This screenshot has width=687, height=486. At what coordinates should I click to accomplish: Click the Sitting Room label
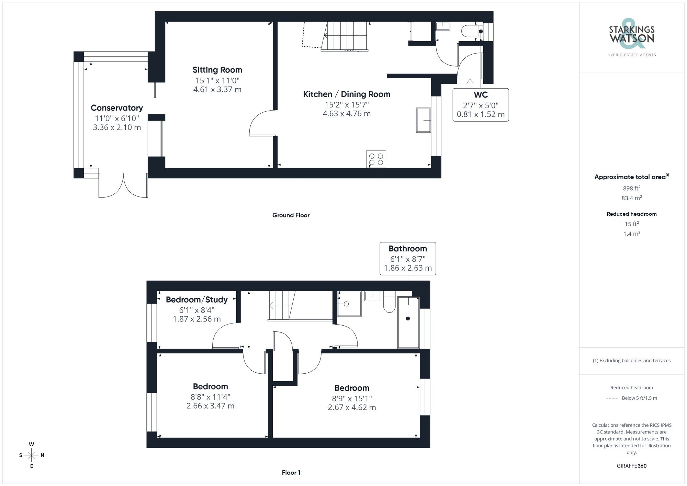(217, 70)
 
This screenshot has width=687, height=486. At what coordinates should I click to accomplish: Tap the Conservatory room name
(117, 108)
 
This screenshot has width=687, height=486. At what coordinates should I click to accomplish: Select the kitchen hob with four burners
(376, 159)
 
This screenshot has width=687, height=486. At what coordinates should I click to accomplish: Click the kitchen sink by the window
(423, 120)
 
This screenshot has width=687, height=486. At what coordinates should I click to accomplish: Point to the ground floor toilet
(471, 31)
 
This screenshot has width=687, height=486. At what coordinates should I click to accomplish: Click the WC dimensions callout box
(481, 105)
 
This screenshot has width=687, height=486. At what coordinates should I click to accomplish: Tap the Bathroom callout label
(408, 249)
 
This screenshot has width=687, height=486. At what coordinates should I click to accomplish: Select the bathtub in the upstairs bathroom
(408, 322)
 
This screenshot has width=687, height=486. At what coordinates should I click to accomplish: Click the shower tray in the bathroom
(349, 304)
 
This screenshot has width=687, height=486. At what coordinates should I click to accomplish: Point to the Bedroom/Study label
(196, 300)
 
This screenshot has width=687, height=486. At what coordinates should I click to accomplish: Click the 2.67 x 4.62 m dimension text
(352, 408)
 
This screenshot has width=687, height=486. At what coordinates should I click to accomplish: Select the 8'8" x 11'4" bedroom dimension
(210, 397)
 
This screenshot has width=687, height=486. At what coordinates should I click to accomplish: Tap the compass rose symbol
(32, 455)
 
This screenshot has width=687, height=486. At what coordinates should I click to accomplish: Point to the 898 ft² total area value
(631, 188)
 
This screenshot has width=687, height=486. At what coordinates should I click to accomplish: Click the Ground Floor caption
(291, 215)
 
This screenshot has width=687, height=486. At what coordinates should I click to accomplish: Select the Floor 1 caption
(291, 473)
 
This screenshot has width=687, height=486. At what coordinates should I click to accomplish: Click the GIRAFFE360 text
(631, 466)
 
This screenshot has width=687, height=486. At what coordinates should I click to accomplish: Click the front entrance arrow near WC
(470, 82)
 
